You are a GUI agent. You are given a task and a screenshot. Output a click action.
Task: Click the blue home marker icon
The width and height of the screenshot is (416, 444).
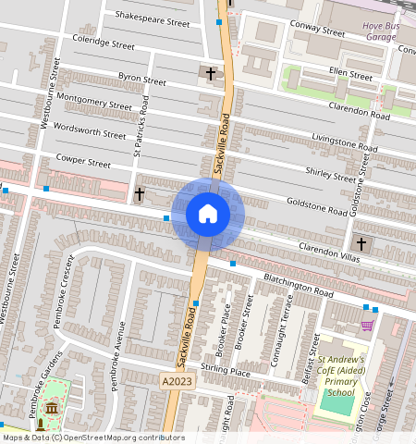[208, 215]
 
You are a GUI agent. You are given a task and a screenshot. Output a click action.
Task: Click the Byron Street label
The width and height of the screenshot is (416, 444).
[141, 80]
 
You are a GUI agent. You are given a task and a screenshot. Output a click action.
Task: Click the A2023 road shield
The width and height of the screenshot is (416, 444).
[179, 381]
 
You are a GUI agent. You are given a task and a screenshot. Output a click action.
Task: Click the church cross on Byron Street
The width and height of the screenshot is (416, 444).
[211, 72]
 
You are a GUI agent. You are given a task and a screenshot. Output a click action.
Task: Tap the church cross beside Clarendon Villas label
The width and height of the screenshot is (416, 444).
[361, 245]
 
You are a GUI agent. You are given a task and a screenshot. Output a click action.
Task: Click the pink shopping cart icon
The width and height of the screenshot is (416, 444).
[368, 326]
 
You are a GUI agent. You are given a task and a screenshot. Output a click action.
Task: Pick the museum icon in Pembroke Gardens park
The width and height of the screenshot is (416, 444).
[51, 408]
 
